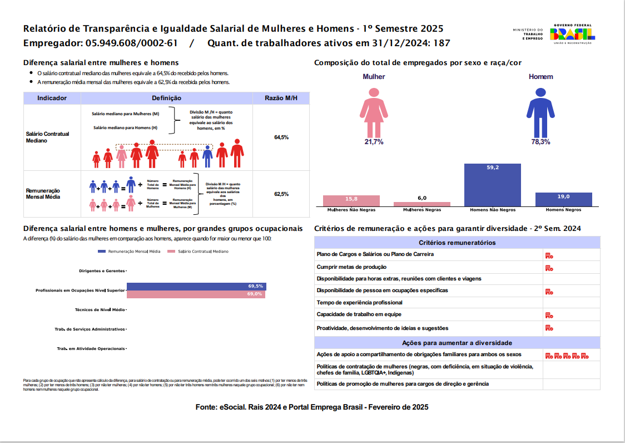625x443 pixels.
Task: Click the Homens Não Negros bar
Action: pyautogui.click(x=492, y=185)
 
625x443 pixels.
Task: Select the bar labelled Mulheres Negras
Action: pyautogui.click(x=422, y=204)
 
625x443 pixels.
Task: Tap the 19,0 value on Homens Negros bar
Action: pyautogui.click(x=563, y=196)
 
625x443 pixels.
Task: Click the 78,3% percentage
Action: pyautogui.click(x=540, y=142)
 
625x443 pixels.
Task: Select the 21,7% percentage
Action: pyautogui.click(x=374, y=142)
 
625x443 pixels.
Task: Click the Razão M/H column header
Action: pyautogui.click(x=281, y=98)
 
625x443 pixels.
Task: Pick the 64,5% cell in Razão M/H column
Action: pyautogui.click(x=281, y=137)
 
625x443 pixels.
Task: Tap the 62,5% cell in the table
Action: pyautogui.click(x=281, y=194)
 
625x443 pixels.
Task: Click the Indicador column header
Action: pyautogui.click(x=52, y=98)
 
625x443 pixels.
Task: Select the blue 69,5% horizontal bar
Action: pyautogui.click(x=196, y=286)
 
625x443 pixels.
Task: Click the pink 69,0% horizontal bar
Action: pyautogui.click(x=196, y=294)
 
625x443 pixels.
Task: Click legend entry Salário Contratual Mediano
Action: pyautogui.click(x=203, y=252)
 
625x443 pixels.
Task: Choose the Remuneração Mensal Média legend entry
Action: pyautogui.click(x=130, y=252)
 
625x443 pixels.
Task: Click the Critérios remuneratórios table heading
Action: pyautogui.click(x=457, y=243)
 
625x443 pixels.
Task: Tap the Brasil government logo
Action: pyautogui.click(x=573, y=35)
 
